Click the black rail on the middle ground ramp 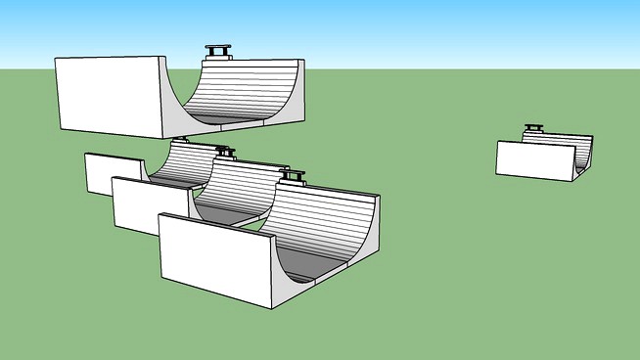click(x=225, y=152)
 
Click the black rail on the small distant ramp click(x=533, y=127)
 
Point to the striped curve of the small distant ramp click(x=562, y=148)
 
